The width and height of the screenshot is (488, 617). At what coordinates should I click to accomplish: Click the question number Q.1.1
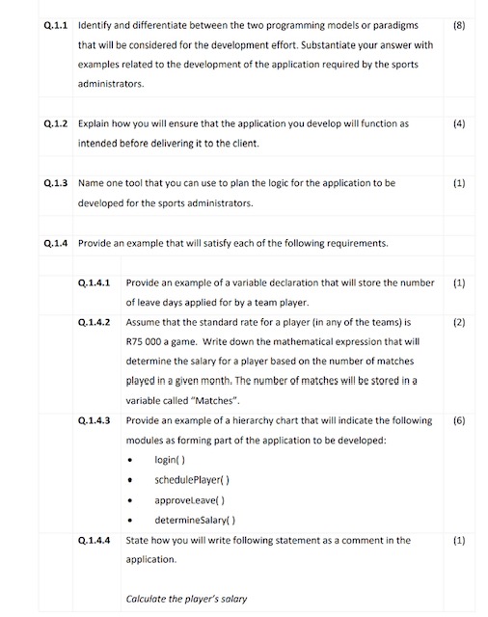pyautogui.click(x=56, y=22)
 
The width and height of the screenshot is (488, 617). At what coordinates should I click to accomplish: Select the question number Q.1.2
pyautogui.click(x=56, y=124)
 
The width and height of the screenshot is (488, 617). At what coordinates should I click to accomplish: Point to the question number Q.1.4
pyautogui.click(x=56, y=243)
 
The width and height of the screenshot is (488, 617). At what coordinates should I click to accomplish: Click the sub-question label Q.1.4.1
pyautogui.click(x=96, y=282)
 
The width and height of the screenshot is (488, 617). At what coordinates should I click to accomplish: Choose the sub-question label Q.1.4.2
pyautogui.click(x=96, y=321)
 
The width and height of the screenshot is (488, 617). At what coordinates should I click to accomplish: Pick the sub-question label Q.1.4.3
pyautogui.click(x=96, y=420)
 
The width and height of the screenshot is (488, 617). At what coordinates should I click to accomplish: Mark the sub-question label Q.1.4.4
pyautogui.click(x=96, y=540)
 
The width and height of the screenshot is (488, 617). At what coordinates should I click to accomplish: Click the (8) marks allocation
pyautogui.click(x=459, y=22)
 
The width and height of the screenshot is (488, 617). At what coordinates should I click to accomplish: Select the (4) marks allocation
pyautogui.click(x=459, y=124)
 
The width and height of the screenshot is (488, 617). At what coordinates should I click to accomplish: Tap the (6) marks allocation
pyautogui.click(x=459, y=420)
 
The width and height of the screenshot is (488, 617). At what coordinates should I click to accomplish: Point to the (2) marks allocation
pyautogui.click(x=459, y=321)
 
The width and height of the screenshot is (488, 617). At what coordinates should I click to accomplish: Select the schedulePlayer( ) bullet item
pyautogui.click(x=191, y=480)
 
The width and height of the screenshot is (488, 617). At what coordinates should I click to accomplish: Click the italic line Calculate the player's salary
pyautogui.click(x=186, y=599)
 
